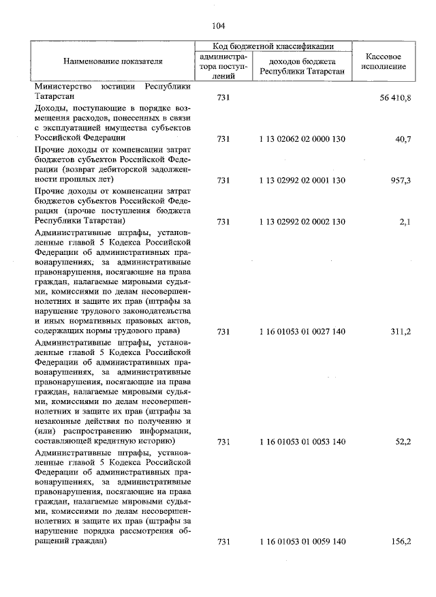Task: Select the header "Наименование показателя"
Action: (113, 61)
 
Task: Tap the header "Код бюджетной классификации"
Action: (273, 46)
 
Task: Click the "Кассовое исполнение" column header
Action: (387, 61)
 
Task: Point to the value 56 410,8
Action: (395, 98)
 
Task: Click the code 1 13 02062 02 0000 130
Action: (302, 139)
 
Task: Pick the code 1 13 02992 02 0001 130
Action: (302, 181)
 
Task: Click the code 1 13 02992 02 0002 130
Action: (302, 221)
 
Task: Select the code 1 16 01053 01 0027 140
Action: (302, 332)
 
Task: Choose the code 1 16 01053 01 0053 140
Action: (302, 442)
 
